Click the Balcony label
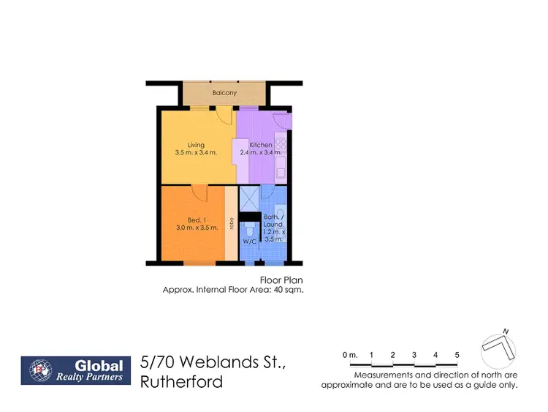223,94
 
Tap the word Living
196,145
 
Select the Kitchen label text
261,145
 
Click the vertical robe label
232,223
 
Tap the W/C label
248,241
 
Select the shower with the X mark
249,198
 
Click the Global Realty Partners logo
76,371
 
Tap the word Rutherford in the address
183,382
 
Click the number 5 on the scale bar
457,355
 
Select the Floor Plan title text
281,280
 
